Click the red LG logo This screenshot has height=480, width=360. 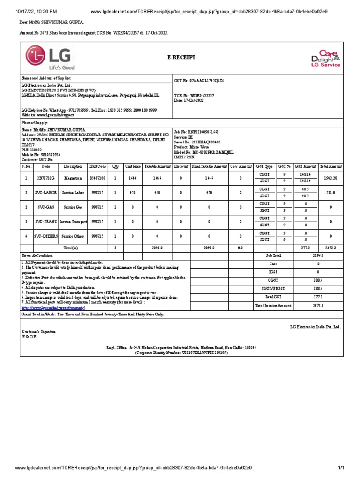pyautogui.click(x=48, y=58)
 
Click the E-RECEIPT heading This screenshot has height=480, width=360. pyautogui.click(x=181, y=57)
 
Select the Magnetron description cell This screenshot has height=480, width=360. pyautogui.click(x=73, y=178)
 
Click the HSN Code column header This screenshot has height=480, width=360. pyautogui.click(x=98, y=166)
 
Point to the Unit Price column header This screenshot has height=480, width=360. pyautogui.click(x=133, y=166)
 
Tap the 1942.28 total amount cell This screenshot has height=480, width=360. pyautogui.click(x=331, y=178)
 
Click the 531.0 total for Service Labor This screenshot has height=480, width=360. pyautogui.click(x=331, y=192)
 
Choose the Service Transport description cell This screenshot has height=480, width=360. pyautogui.click(x=73, y=221)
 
